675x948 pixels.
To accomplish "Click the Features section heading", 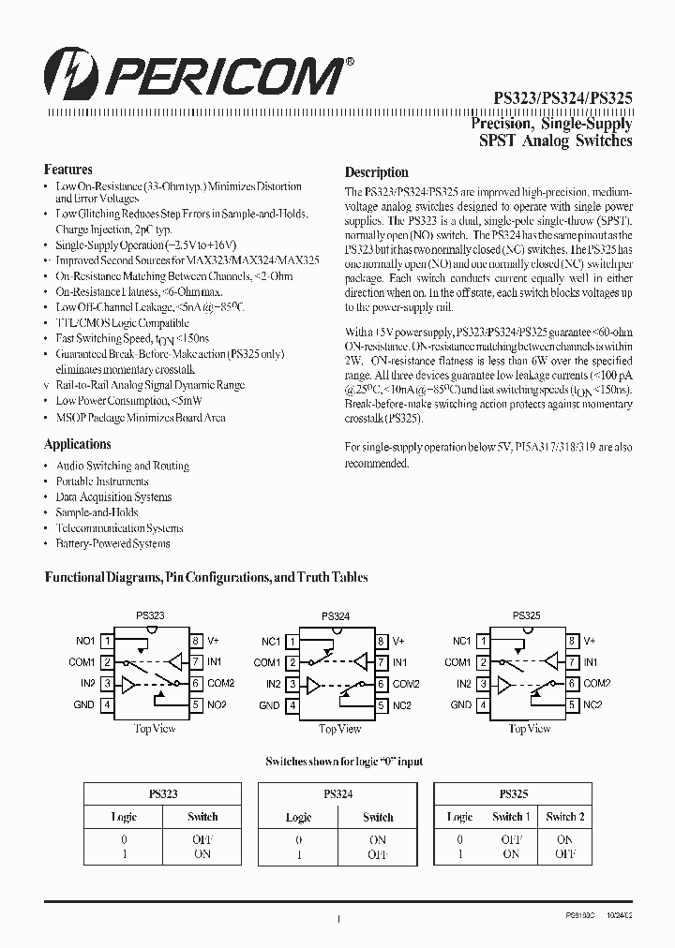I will click(x=67, y=170).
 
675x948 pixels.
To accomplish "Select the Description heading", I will click(x=376, y=172).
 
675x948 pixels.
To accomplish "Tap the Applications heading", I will click(x=77, y=444).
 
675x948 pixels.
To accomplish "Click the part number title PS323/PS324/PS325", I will click(x=562, y=96).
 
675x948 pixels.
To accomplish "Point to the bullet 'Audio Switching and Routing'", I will click(x=122, y=466).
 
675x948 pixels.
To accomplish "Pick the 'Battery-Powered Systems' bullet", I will click(x=112, y=543).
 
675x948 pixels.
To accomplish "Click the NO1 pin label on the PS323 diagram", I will click(x=85, y=641).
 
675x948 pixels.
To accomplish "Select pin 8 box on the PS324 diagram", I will click(x=382, y=642).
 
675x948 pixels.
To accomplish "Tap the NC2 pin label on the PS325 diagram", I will click(x=592, y=704).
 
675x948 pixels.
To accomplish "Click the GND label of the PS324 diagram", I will click(x=269, y=705).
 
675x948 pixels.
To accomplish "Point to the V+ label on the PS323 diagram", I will click(x=213, y=641).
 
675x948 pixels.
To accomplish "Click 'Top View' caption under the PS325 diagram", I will click(x=531, y=729).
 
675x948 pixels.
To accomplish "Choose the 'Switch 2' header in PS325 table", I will click(x=565, y=816).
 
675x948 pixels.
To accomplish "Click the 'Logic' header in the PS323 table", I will click(x=124, y=817).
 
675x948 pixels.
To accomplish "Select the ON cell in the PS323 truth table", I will click(x=202, y=853).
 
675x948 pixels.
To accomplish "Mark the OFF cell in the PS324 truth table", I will click(x=378, y=854).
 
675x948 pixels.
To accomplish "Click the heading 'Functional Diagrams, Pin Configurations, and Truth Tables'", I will click(x=206, y=578).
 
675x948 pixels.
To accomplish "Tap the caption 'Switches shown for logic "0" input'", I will click(x=344, y=762).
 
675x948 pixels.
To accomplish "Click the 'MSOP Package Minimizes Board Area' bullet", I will click(x=141, y=418).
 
